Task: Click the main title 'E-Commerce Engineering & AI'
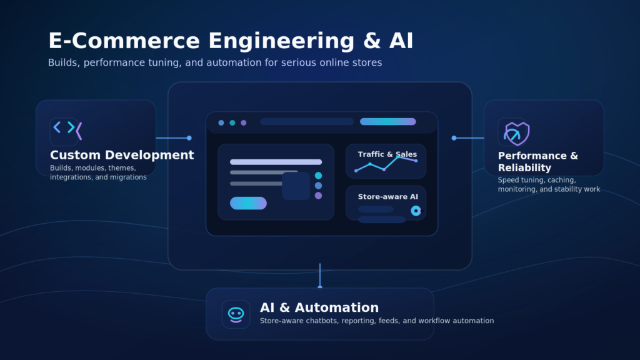[x=231, y=41]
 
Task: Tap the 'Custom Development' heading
[x=122, y=155]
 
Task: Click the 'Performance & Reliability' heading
[x=537, y=161]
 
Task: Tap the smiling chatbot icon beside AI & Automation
[x=236, y=314]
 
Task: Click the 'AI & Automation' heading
[x=319, y=307]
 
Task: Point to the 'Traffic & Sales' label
[x=387, y=154]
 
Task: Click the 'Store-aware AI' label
[x=387, y=197]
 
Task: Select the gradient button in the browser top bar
[x=387, y=122]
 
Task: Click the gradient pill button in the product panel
[x=248, y=203]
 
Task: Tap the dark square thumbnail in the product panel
[x=296, y=186]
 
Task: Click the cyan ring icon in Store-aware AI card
[x=416, y=211]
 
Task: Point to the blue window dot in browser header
[x=221, y=122]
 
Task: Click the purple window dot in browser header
[x=244, y=122]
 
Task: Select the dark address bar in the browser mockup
[x=306, y=122]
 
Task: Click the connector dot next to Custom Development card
[x=189, y=138]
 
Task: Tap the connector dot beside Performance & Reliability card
[x=454, y=138]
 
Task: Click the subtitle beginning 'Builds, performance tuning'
[x=214, y=62]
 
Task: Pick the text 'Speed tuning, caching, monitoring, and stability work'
[x=548, y=184]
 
